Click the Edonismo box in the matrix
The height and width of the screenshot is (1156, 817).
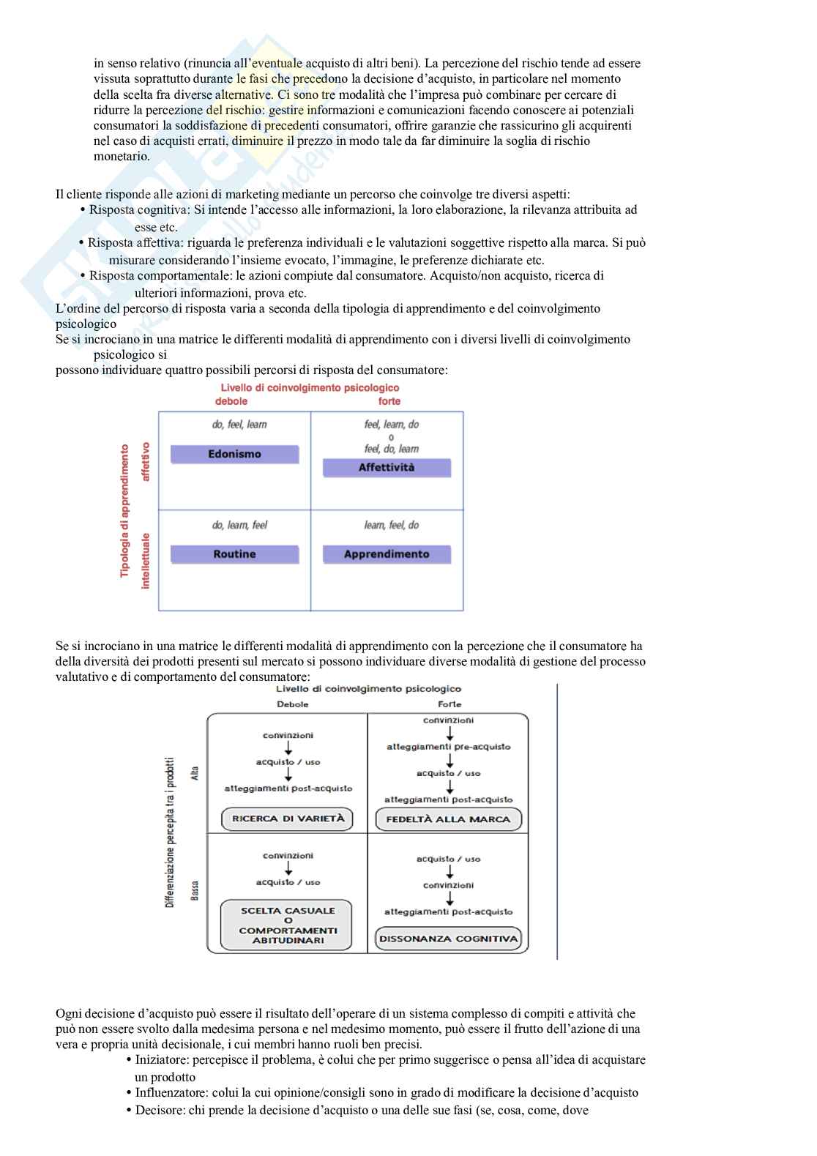click(234, 455)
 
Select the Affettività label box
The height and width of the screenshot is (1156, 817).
click(387, 468)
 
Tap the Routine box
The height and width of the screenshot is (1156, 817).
click(234, 554)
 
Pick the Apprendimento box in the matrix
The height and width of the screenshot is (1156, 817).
click(387, 554)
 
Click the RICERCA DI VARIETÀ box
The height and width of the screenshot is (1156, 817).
click(288, 819)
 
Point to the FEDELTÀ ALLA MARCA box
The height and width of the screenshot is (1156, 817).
click(448, 819)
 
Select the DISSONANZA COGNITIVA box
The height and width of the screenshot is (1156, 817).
click(448, 939)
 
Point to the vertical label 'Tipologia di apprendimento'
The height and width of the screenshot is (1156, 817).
click(124, 510)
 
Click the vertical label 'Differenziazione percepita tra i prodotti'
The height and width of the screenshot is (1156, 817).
click(170, 832)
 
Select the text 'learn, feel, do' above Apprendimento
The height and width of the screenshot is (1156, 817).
click(391, 525)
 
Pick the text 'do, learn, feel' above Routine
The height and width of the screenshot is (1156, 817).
click(239, 525)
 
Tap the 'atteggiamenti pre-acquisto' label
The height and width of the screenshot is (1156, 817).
click(448, 747)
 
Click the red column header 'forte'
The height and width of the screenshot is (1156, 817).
click(389, 401)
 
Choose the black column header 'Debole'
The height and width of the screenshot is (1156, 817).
click(293, 704)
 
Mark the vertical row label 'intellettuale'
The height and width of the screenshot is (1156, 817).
click(146, 560)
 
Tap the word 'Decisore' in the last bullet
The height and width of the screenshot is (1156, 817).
click(158, 1111)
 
